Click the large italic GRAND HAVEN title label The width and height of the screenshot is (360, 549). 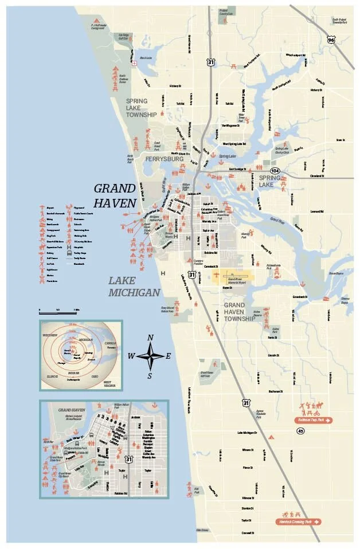[x=115, y=195]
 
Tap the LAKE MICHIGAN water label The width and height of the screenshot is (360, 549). [x=134, y=287]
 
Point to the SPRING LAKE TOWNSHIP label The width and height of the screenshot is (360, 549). [x=141, y=108]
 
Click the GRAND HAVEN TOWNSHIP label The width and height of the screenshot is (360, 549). [x=239, y=312]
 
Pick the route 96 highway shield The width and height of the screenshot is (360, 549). [x=330, y=40]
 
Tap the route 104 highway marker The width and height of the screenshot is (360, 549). [x=275, y=170]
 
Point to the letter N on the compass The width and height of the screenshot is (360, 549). [x=150, y=338]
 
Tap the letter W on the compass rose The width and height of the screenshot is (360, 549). [x=131, y=356]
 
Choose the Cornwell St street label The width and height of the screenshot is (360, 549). [x=247, y=532]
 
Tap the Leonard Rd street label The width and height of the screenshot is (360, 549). [x=316, y=212]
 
